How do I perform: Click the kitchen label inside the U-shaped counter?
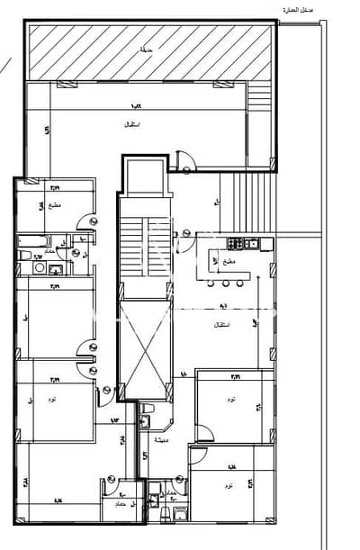coord(230,261)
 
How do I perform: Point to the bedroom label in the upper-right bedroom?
coord(232,399)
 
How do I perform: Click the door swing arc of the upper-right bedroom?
coord(205,433)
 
